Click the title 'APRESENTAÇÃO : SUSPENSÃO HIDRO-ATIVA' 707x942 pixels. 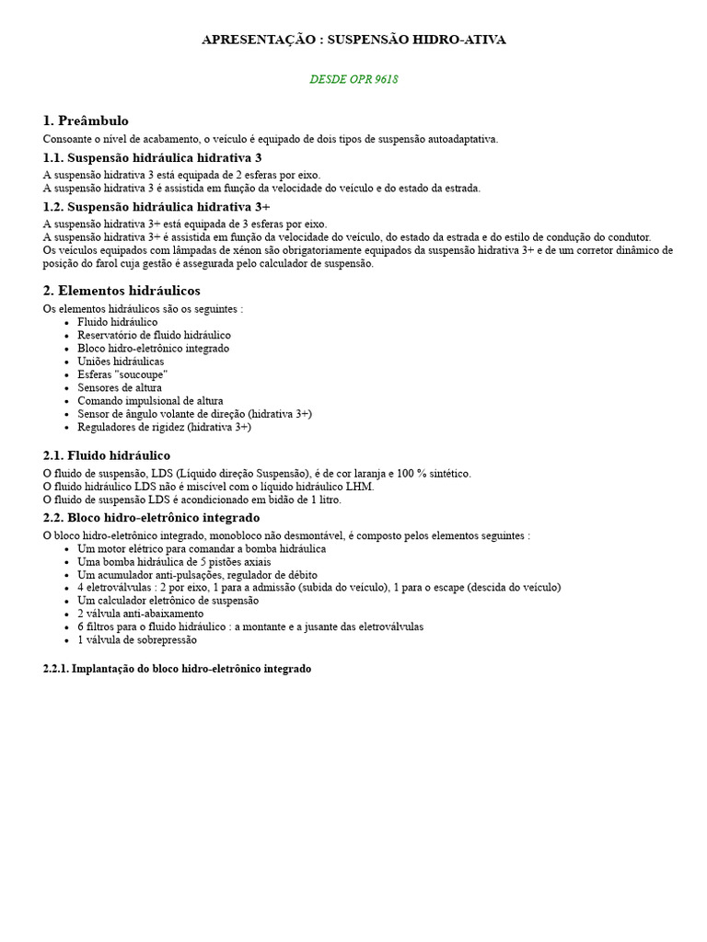point(353,40)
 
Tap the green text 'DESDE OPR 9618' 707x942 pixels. point(353,80)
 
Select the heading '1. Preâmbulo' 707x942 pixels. point(86,121)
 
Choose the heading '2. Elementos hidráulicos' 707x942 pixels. point(122,291)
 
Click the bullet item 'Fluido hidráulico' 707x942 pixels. point(117,323)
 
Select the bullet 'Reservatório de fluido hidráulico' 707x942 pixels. point(154,336)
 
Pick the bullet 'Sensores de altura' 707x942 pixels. point(120,388)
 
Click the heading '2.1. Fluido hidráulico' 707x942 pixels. point(106,455)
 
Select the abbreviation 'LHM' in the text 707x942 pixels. point(359,487)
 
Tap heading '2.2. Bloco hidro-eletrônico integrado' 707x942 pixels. point(151,518)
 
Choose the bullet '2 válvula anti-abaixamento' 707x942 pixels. point(140,614)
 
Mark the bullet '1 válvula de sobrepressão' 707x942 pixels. point(136,639)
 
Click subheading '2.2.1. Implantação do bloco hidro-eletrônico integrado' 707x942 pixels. point(177,669)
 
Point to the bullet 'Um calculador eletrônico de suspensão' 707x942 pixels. point(168,601)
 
